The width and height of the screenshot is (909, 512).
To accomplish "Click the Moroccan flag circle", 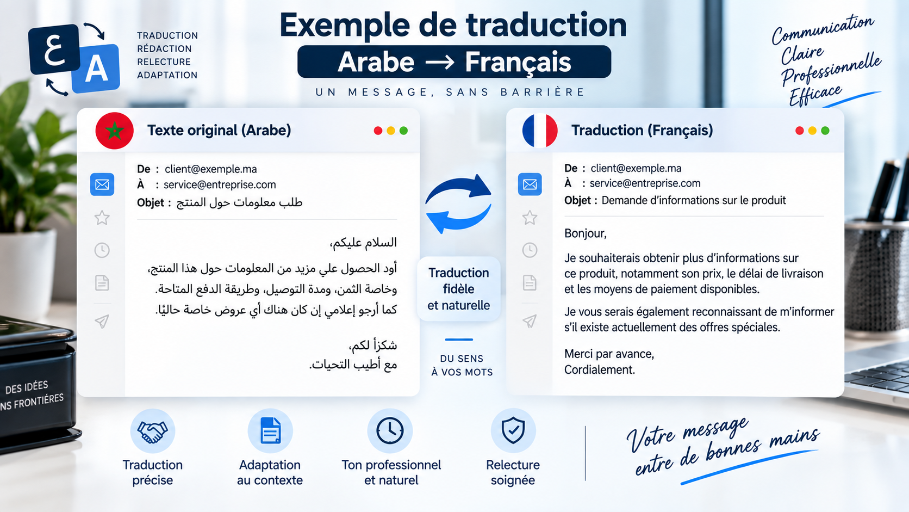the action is click(x=114, y=131).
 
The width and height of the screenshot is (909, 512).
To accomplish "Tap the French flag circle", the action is click(x=540, y=131).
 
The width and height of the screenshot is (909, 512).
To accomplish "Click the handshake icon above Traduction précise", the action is click(x=153, y=431).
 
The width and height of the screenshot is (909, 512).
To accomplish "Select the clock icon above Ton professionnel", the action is click(x=390, y=430).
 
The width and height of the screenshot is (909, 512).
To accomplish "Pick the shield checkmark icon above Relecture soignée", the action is click(x=513, y=430).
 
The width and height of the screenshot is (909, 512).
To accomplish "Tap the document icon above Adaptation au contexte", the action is click(x=270, y=430).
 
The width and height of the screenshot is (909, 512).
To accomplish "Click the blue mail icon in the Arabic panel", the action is click(x=102, y=185).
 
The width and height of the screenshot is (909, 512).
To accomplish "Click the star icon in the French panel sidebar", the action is click(x=530, y=218).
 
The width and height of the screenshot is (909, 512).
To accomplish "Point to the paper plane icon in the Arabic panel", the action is click(x=102, y=321).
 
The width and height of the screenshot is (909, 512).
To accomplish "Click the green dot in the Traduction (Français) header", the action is click(x=825, y=131).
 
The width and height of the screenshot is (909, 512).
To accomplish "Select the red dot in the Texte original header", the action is click(x=378, y=131).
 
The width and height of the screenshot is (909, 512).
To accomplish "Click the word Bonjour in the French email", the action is click(x=585, y=233).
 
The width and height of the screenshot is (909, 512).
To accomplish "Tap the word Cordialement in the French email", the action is click(x=599, y=370).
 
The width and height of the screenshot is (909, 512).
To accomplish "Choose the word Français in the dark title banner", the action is click(x=518, y=62).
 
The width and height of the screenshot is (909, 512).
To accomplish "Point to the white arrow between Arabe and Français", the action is click(x=439, y=63).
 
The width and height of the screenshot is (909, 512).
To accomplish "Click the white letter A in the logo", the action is click(x=96, y=69).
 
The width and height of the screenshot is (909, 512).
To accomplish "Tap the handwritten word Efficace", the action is click(x=815, y=95).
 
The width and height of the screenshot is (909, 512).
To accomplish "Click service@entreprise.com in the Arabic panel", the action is click(x=220, y=185).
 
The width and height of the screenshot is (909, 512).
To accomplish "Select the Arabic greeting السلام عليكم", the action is click(x=363, y=243).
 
